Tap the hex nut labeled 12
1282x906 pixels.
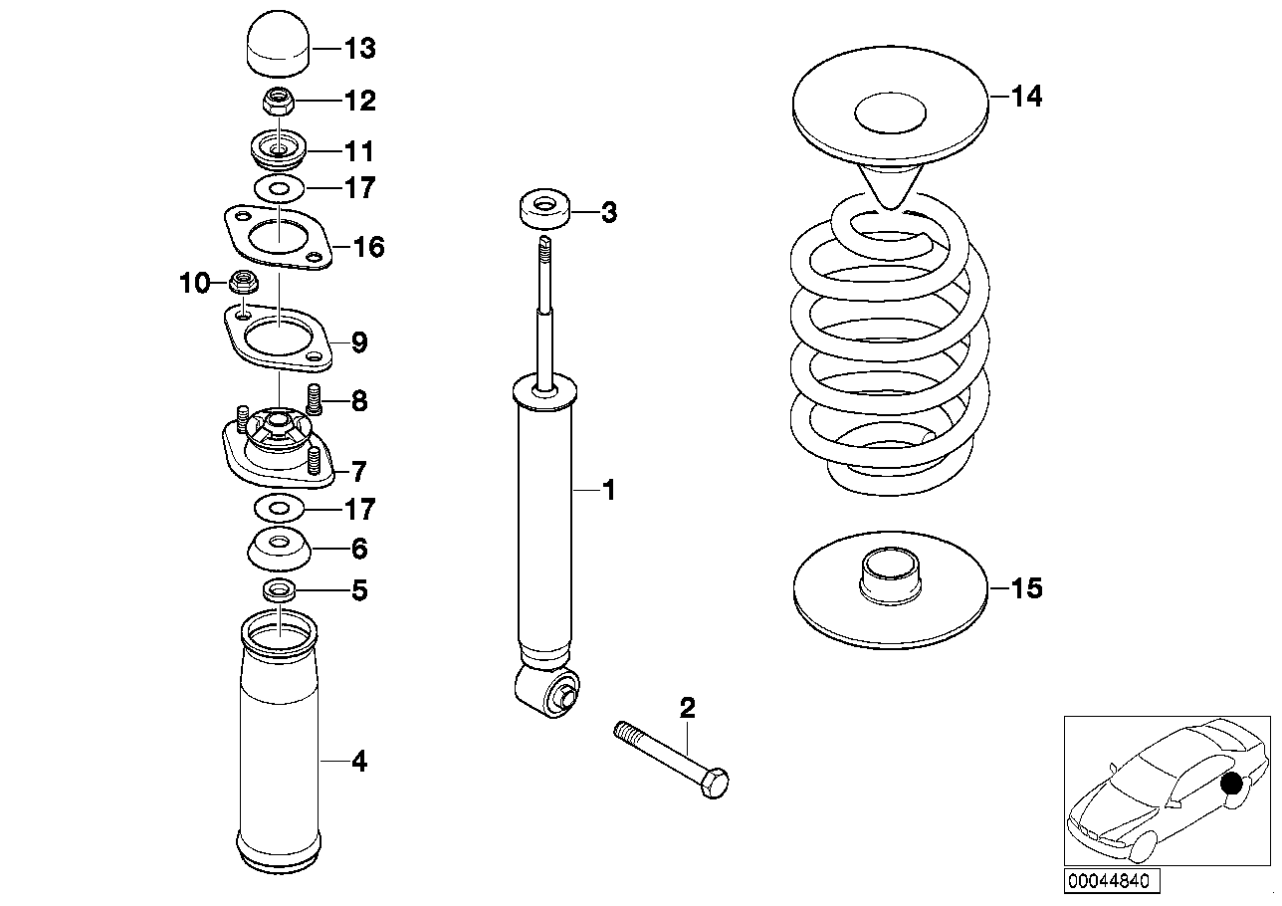tap(279, 101)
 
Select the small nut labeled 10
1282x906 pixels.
tap(242, 284)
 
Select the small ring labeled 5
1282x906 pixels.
tap(279, 590)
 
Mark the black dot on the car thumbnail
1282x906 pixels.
tap(1233, 785)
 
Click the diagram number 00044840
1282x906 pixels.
tap(1109, 881)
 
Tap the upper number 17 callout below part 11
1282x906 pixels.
tap(359, 188)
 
